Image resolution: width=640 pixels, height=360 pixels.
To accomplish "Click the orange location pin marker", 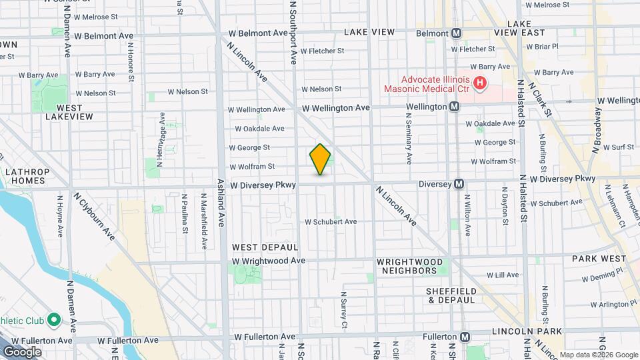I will tap(321, 159).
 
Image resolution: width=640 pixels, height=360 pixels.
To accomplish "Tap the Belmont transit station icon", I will tap(457, 33).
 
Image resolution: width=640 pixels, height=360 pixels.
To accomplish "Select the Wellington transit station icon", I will tap(454, 107).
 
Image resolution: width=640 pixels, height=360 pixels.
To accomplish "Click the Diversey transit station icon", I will tap(459, 184).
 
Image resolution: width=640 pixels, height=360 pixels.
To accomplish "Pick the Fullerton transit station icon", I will tap(466, 337).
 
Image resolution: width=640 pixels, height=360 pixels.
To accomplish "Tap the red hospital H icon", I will tap(479, 83).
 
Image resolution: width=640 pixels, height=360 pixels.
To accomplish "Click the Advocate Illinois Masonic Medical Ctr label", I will tap(427, 84).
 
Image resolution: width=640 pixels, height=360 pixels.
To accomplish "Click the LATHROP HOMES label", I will tap(28, 176).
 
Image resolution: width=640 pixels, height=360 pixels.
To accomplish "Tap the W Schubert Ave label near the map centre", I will tap(331, 222).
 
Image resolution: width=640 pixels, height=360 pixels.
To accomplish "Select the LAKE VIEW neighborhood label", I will tap(369, 32).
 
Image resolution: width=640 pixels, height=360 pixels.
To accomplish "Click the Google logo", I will tap(22, 351).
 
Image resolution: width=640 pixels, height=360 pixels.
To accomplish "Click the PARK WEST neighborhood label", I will tap(599, 259).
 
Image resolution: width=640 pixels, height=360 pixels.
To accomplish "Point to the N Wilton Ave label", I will tap(467, 213).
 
